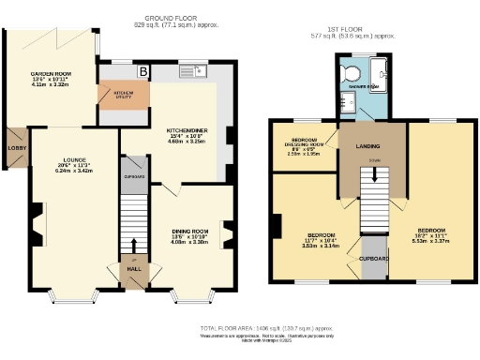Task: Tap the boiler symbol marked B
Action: [x=144, y=70]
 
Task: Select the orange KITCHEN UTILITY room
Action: [x=124, y=95]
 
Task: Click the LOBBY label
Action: [x=15, y=147]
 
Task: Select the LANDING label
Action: [x=367, y=146]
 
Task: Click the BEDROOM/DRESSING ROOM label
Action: [x=302, y=142]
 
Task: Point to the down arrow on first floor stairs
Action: [x=374, y=172]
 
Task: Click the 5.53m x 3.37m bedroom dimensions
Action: [x=431, y=241]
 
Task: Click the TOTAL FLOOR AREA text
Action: [x=266, y=328]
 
